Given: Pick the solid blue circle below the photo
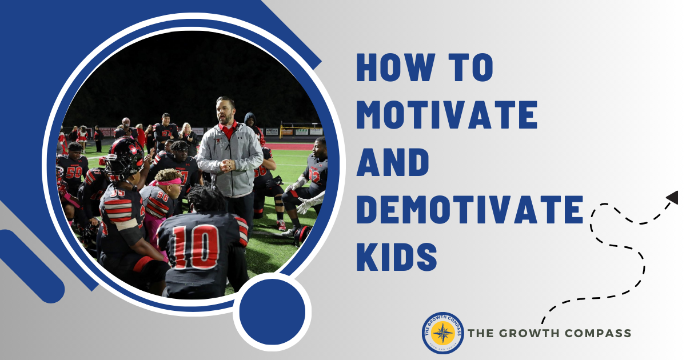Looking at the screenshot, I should click(x=272, y=311).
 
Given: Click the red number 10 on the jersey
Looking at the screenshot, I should click(x=196, y=246).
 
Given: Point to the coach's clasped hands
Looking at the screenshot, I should click(x=227, y=165).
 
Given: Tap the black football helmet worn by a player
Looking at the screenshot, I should click(x=124, y=157).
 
